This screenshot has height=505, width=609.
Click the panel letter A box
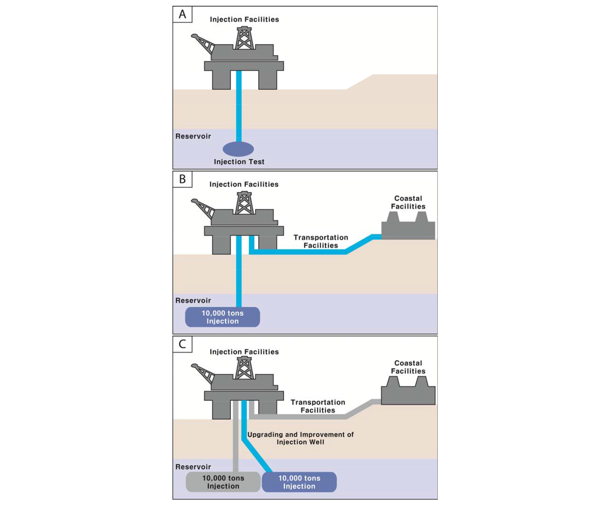pos(182,14)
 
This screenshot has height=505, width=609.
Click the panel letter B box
pos(182,179)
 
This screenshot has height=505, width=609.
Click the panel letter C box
pos(182,344)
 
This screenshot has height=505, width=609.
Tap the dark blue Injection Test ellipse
pos(238,149)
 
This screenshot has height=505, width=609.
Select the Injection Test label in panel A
pos(239,162)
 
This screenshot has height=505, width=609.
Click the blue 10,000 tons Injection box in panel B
pos(223,317)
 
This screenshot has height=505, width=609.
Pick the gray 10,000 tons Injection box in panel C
pos(223,482)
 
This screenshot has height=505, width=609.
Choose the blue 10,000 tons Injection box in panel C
pos(299,482)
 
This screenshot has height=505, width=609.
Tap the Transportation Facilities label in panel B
pos(320,241)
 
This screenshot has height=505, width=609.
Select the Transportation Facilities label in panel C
pos(318,406)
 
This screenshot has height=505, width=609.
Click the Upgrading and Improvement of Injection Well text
pos(300,438)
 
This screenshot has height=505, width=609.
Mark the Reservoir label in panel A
pos(193,136)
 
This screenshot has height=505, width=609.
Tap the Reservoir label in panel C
pos(193,467)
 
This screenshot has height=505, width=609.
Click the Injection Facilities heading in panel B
pos(244,184)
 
